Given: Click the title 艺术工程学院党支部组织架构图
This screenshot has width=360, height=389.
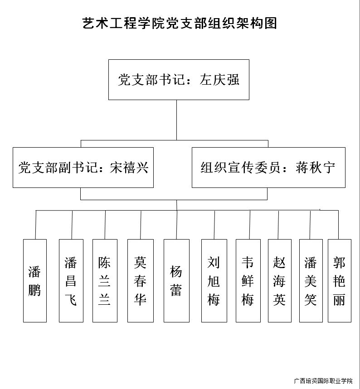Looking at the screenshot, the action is pos(180,23).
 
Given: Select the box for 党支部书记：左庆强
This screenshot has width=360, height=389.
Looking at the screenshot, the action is pos(179,80).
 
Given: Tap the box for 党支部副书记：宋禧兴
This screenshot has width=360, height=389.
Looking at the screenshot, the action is pos(83,168).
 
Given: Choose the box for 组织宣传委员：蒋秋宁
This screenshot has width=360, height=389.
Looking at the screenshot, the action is pos(268,168).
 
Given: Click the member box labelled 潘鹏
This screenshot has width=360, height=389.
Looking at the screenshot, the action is pos(35,281).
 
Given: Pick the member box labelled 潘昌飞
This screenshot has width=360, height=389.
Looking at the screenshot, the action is pos(71,281).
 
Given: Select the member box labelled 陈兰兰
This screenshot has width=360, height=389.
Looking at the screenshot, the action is pos(105,281).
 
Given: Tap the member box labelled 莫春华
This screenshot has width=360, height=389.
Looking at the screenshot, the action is pos(141,281).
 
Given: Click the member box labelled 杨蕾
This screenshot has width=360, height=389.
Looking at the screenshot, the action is pos(176,281).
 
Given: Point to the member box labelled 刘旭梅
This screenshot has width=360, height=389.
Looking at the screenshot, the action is pos(214,281).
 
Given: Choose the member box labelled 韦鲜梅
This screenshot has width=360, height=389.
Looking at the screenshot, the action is pos(248,281).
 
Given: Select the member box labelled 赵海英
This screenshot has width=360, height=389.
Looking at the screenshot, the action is pos(279,281).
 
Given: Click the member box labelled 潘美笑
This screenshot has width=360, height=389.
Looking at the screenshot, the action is pos(311,281).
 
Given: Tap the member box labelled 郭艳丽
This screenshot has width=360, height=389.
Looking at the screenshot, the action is pos(340,281).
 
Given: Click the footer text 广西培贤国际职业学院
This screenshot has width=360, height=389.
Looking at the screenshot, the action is pos(323,380).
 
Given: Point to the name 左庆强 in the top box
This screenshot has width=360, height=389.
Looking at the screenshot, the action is pos(219,80).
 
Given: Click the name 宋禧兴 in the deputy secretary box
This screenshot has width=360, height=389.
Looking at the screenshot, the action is pos(129,168).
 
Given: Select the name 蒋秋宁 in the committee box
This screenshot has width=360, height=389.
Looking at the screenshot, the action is pos(315,168).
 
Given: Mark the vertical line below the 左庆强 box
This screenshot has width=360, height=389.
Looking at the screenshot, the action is pos(177,120).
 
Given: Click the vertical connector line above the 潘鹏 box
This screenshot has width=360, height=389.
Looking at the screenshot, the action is pos(36,225).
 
